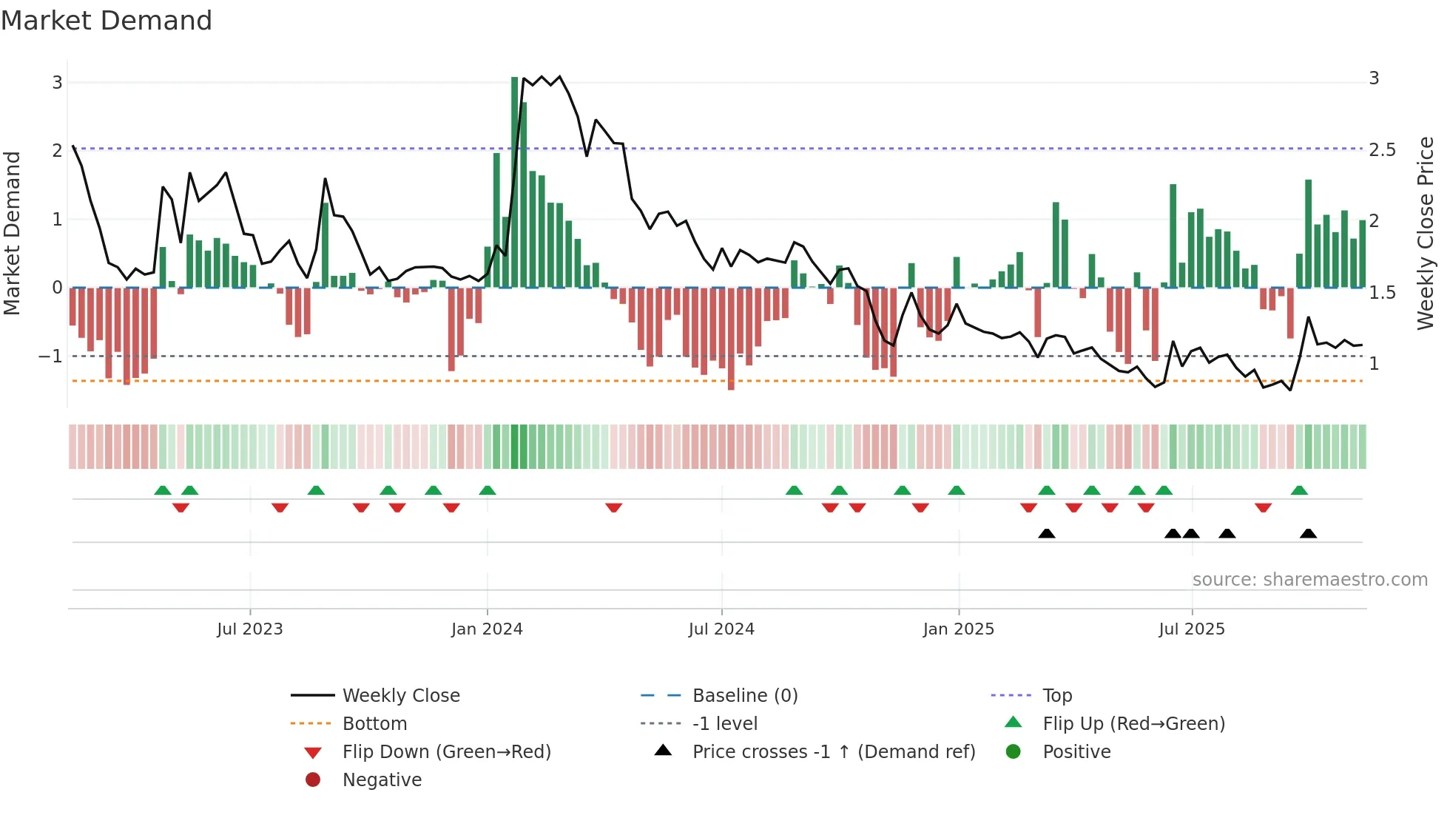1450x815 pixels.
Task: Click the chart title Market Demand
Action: (x=107, y=21)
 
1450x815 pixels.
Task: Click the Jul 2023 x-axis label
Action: (x=249, y=629)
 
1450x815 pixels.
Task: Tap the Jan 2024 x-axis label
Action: (x=487, y=629)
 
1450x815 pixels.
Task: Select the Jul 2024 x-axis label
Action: (x=721, y=629)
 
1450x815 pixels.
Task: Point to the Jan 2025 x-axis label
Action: (x=958, y=629)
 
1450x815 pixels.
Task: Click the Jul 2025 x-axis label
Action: (x=1191, y=629)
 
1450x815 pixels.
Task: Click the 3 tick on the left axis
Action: (x=57, y=82)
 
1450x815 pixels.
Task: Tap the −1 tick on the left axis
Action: (x=50, y=356)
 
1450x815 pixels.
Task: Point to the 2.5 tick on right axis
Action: (x=1382, y=150)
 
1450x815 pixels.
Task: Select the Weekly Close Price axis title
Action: (x=1425, y=233)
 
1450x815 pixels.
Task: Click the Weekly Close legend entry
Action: (x=400, y=696)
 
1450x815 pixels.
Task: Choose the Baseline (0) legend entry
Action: (x=744, y=696)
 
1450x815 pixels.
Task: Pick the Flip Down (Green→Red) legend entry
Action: (x=446, y=752)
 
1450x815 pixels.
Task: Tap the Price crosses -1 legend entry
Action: (x=833, y=752)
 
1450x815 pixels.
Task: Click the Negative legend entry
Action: (x=382, y=780)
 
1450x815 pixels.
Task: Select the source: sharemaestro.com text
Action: (x=1309, y=580)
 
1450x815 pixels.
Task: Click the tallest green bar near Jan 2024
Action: (x=515, y=181)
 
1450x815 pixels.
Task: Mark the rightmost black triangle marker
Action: (x=1308, y=534)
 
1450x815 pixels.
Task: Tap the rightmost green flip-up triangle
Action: (x=1299, y=490)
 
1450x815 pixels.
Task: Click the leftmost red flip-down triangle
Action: (x=181, y=507)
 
